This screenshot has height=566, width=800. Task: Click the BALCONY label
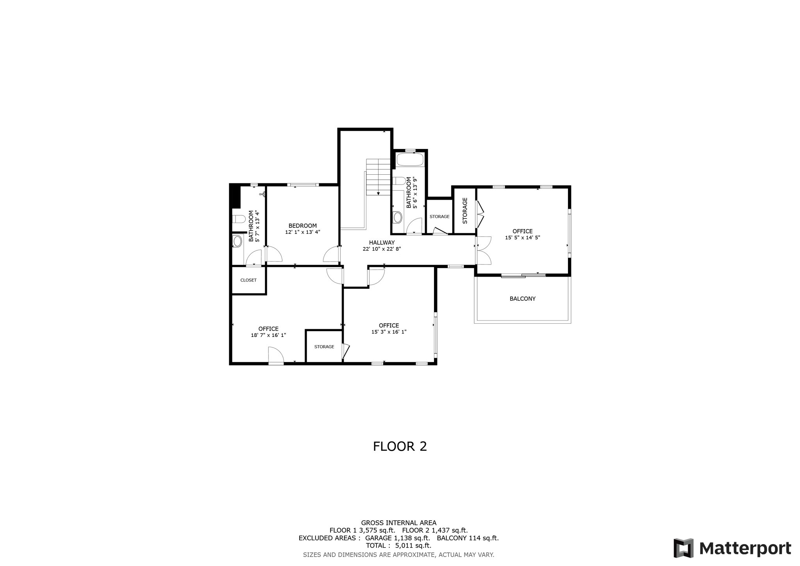[x=522, y=299]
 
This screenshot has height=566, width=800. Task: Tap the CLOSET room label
[x=248, y=280]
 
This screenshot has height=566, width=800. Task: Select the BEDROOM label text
[x=302, y=226]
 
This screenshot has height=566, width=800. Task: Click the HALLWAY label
[x=382, y=242]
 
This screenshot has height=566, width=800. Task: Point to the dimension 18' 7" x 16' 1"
[x=268, y=335]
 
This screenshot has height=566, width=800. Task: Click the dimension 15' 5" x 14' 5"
[x=522, y=237]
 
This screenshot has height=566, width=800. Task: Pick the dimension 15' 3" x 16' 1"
[x=389, y=332]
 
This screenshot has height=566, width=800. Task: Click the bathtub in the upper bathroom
[x=410, y=160]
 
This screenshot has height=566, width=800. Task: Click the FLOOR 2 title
[x=400, y=446]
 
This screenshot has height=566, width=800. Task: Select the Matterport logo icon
[x=683, y=548]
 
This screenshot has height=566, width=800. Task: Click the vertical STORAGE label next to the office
[x=465, y=211]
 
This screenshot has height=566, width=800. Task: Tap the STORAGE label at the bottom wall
[x=324, y=347]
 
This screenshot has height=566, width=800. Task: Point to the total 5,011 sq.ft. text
[x=398, y=546]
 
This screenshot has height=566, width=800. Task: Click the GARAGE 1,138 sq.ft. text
[x=397, y=538]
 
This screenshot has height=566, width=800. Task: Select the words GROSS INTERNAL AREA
[x=398, y=523]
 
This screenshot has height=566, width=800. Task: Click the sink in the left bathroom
[x=237, y=241]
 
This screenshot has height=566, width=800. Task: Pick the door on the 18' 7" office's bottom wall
[x=276, y=356]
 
